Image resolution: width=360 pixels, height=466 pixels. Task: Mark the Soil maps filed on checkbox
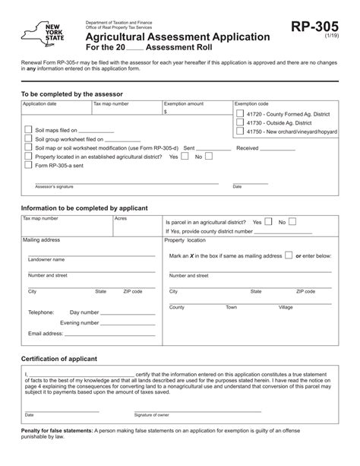[x=30, y=130]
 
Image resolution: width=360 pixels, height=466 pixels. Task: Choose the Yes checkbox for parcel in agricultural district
[x=267, y=222]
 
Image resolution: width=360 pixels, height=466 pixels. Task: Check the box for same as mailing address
[x=289, y=256]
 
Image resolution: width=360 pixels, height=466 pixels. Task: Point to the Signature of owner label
[x=152, y=415]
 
